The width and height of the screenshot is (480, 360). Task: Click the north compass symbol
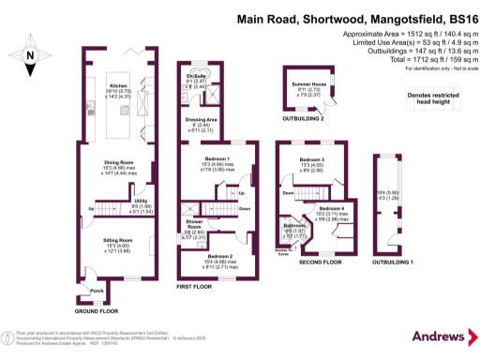(x=30, y=55)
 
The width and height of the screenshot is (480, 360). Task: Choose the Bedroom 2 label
(x=219, y=256)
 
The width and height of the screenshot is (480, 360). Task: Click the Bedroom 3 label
(x=311, y=160)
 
